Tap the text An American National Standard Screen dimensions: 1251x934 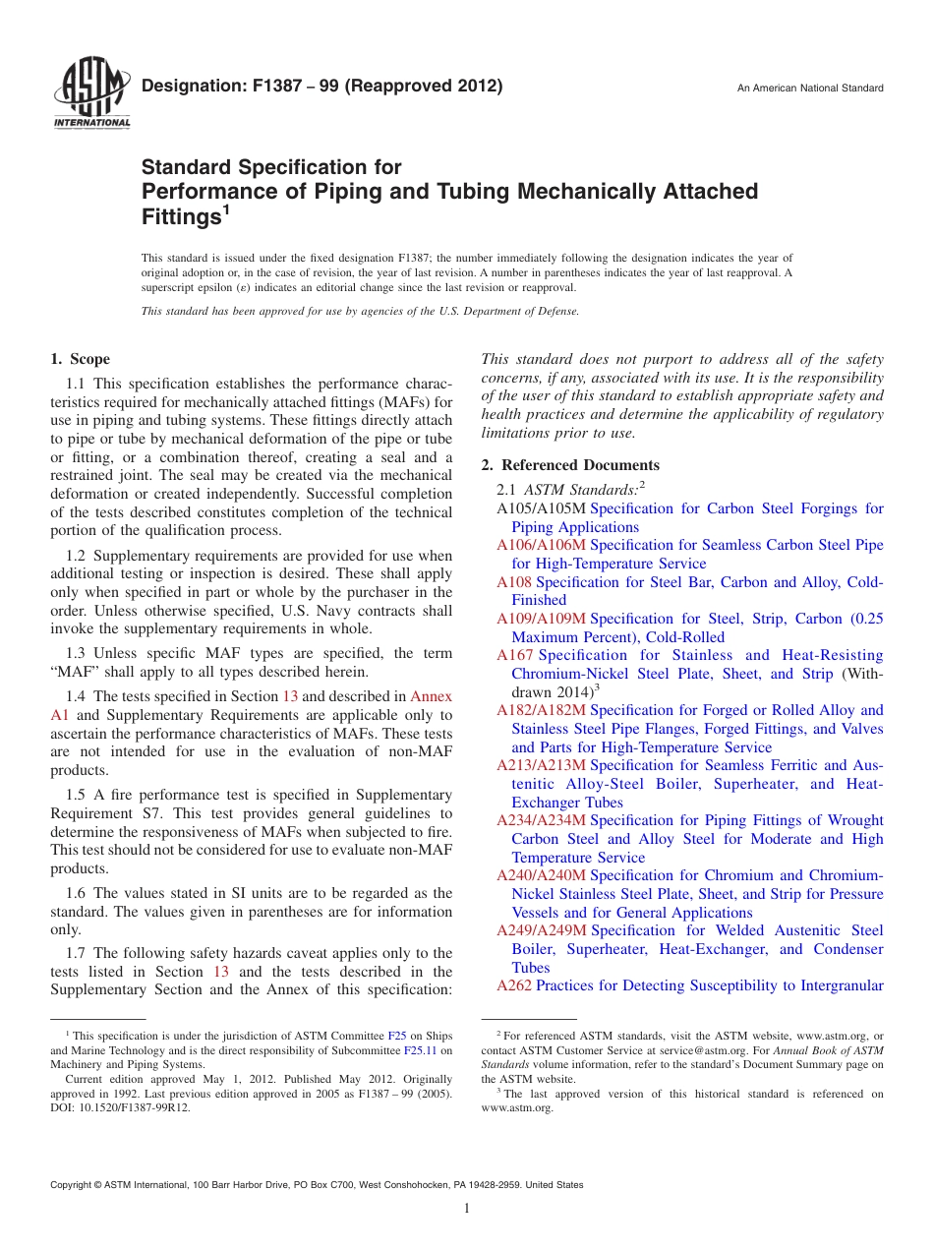tap(810, 89)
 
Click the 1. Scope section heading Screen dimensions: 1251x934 tap(81, 359)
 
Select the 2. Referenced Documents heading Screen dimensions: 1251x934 tap(570, 465)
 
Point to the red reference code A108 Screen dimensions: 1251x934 tap(514, 582)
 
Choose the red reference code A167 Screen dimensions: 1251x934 tap(515, 655)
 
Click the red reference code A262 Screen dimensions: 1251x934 tap(514, 985)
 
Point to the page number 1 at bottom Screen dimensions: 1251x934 tap(467, 1209)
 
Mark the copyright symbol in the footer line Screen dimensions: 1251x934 tap(104, 1185)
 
